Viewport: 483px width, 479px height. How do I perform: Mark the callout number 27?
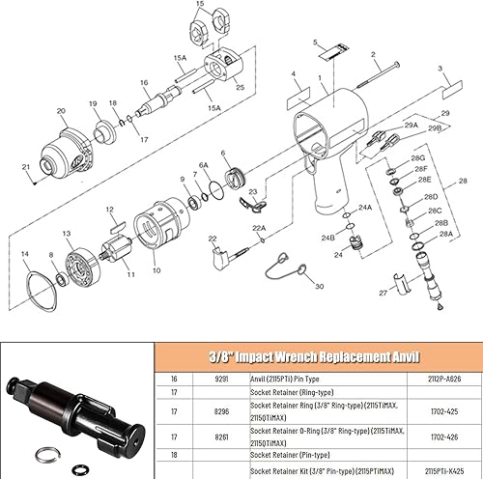coord(383,291)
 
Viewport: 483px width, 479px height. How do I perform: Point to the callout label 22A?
coord(258,226)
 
